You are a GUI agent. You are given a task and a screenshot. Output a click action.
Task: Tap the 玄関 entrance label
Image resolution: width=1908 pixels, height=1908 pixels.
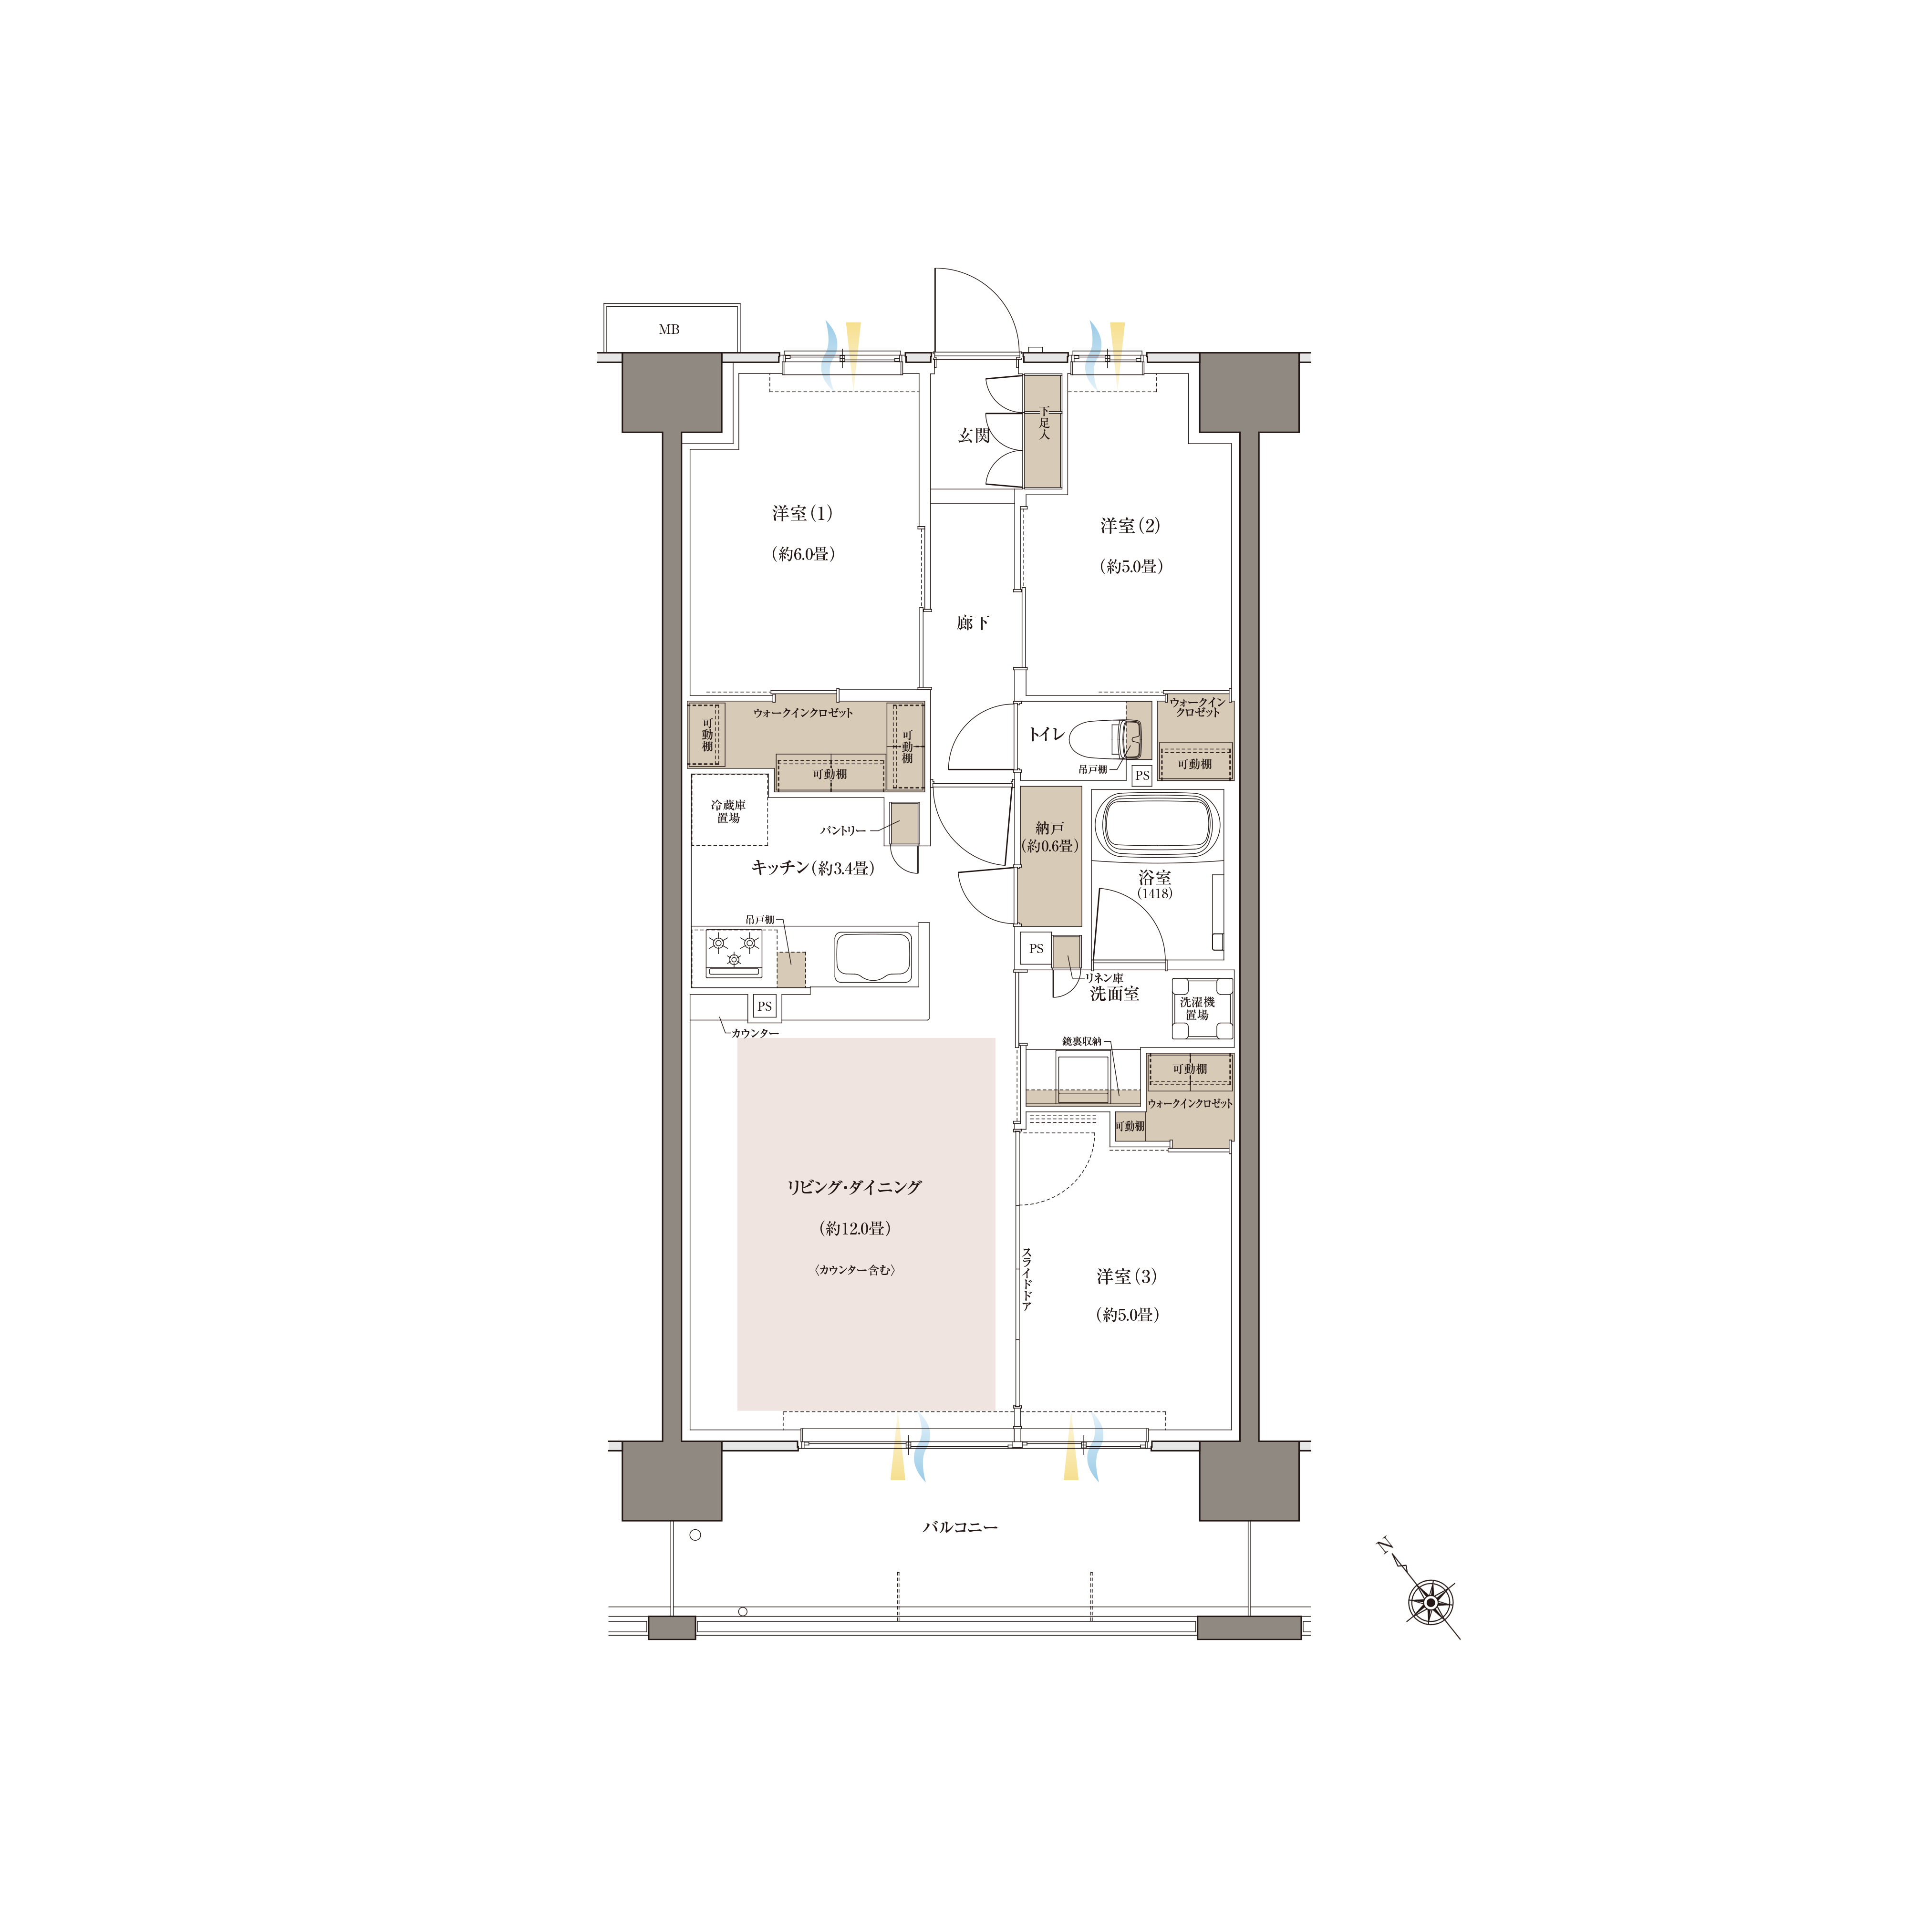[x=974, y=435]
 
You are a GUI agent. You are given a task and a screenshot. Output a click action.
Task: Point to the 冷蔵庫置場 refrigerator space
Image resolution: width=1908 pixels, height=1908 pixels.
[x=729, y=811]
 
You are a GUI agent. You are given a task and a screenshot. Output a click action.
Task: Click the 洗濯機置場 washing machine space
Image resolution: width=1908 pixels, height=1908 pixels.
[x=1202, y=1008]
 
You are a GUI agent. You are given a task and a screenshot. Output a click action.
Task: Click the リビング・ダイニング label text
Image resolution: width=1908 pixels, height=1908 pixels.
[x=854, y=1187]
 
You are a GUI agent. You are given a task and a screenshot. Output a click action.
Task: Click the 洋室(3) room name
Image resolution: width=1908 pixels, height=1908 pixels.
[x=1126, y=1276]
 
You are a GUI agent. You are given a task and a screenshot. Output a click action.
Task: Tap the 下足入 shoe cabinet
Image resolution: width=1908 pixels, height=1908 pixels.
[x=1043, y=432]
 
